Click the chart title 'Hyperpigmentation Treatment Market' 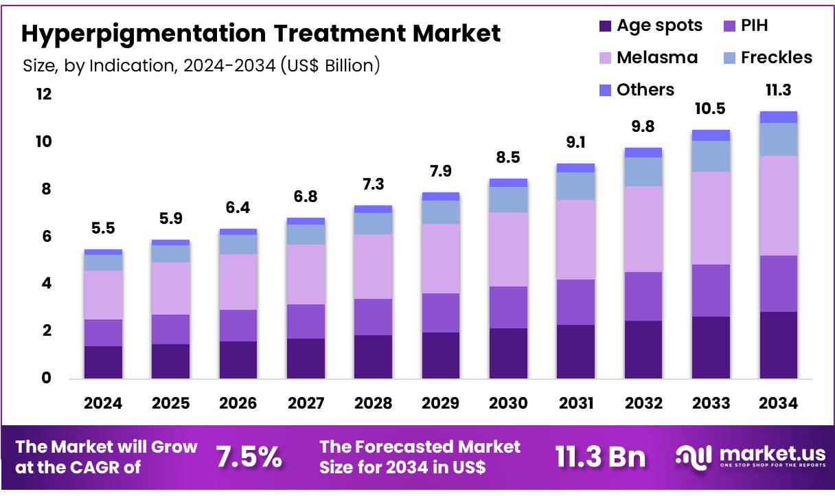coord(261,33)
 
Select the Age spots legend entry coord(650,26)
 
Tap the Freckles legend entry coord(767,58)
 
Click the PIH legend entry coord(744,26)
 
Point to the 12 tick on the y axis coord(44,95)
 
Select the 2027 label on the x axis coord(306,403)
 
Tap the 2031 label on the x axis coord(575,403)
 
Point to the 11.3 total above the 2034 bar coord(778,91)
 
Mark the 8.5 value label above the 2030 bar coord(508,158)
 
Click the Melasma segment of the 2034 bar coord(778,205)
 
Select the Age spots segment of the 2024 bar coord(103,362)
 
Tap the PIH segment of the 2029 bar coord(440,313)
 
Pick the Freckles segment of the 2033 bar coord(711,156)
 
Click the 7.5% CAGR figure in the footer coord(249,457)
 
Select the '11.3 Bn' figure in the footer coord(600,457)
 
